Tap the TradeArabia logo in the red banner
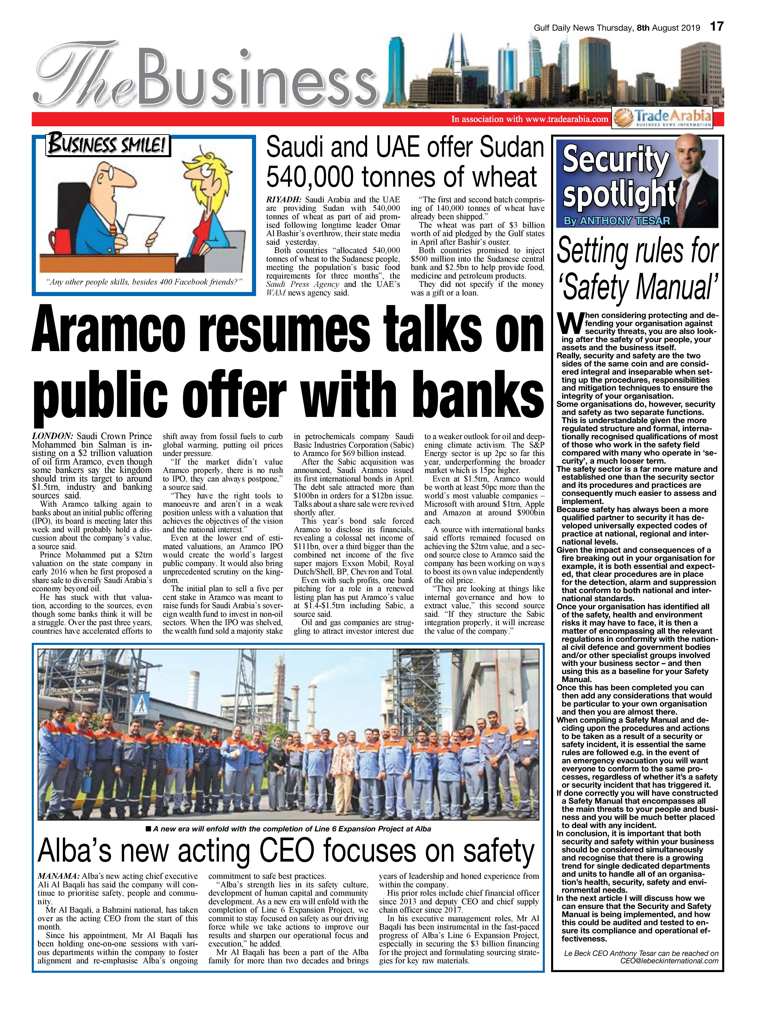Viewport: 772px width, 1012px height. (663, 118)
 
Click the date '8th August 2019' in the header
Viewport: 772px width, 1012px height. (669, 28)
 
